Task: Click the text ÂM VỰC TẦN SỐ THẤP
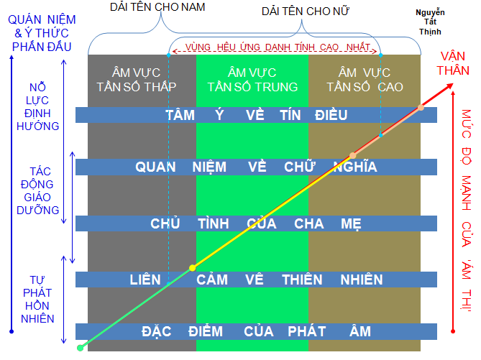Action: [x=142, y=79]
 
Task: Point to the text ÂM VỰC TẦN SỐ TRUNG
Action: [x=252, y=79]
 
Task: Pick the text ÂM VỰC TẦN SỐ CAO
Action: [x=365, y=79]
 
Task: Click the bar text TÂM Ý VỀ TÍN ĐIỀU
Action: [x=256, y=115]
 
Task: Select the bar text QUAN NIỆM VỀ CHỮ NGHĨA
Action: [x=256, y=167]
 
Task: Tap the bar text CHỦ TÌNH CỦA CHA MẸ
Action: [x=256, y=223]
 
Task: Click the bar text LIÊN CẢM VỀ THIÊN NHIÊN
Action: [x=256, y=280]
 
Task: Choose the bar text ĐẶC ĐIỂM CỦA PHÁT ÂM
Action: [x=256, y=331]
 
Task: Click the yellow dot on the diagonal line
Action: [x=192, y=268]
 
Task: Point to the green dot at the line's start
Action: [x=80, y=348]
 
